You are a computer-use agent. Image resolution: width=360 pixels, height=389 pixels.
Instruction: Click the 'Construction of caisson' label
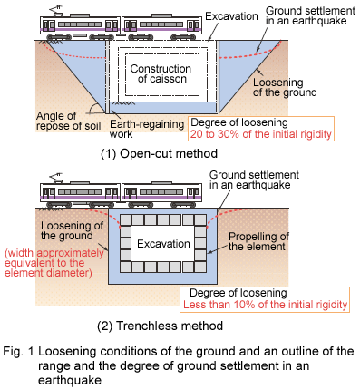click(x=161, y=73)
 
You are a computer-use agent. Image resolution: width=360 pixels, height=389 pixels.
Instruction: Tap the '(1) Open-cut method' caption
click(x=159, y=153)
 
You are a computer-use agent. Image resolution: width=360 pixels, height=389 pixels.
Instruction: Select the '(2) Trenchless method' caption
click(x=161, y=326)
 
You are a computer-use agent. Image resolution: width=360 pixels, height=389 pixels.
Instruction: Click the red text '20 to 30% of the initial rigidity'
click(x=261, y=134)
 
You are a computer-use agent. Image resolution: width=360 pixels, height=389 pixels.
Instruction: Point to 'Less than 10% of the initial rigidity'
click(x=266, y=305)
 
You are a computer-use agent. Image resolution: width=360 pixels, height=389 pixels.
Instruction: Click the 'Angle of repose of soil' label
click(x=68, y=121)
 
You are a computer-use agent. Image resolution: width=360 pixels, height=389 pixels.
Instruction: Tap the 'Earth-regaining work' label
click(x=147, y=129)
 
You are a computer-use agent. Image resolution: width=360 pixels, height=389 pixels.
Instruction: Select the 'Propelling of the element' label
click(x=258, y=241)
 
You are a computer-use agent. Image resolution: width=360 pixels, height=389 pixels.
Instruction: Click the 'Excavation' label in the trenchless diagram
click(x=163, y=244)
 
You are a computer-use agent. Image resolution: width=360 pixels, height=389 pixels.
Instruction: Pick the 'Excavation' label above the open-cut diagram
click(x=231, y=16)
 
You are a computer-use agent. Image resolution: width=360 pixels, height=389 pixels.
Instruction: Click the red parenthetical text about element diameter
click(x=54, y=263)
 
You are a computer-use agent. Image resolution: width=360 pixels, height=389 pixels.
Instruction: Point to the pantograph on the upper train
click(x=55, y=11)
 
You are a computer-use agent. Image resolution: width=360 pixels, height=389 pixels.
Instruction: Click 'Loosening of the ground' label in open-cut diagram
click(x=285, y=87)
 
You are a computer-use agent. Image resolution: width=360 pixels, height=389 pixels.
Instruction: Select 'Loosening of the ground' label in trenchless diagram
click(x=72, y=230)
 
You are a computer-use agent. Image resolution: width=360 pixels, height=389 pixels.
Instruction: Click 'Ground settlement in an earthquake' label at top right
click(x=310, y=15)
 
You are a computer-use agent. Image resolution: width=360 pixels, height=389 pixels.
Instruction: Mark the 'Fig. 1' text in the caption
click(x=19, y=351)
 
